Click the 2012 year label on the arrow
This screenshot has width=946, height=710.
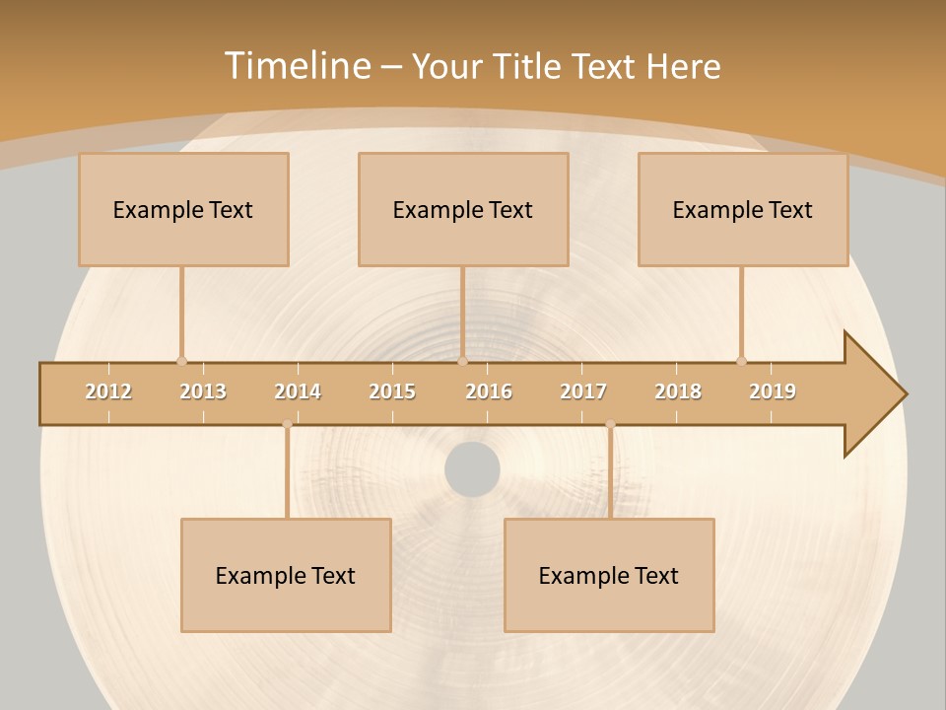[108, 391]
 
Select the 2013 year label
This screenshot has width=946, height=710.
[203, 391]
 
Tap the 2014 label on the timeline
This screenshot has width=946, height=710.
[298, 391]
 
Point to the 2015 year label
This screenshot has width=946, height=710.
[392, 391]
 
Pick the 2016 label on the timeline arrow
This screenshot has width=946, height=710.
[489, 391]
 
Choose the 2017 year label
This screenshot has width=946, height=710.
[583, 391]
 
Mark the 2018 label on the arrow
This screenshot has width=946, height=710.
[678, 391]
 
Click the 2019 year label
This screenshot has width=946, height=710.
[773, 391]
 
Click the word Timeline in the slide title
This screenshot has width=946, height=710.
[297, 66]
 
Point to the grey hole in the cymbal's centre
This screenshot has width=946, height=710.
[472, 469]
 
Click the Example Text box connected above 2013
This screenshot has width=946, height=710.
[183, 209]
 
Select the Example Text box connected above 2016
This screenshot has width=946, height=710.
[463, 209]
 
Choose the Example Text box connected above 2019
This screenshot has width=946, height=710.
[743, 209]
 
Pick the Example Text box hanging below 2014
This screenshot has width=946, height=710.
[286, 575]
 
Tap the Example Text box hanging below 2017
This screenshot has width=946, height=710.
[609, 575]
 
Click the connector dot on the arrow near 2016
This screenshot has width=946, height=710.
[462, 361]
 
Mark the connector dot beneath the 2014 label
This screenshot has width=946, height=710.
[287, 424]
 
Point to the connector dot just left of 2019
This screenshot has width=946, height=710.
[741, 361]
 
